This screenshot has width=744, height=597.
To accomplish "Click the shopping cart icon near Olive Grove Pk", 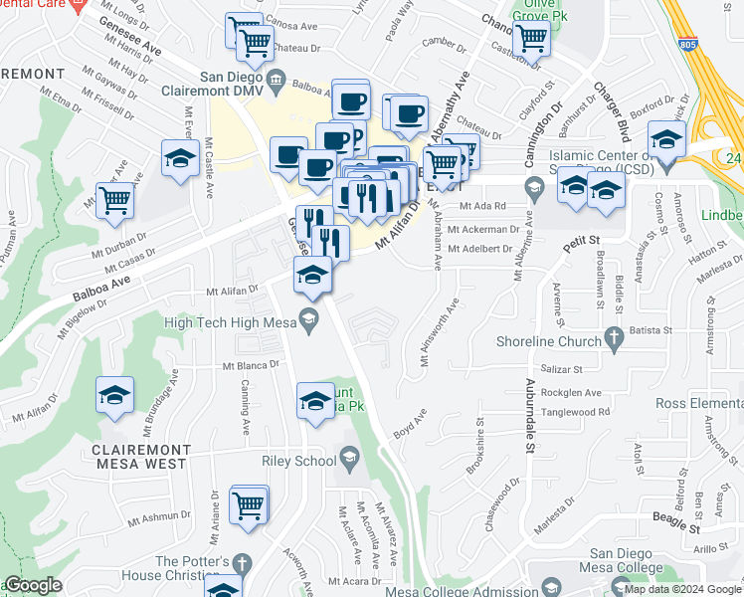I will pos(533,39).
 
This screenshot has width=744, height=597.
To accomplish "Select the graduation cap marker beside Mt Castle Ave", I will pos(180,158).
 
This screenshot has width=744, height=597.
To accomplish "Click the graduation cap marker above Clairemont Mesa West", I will pos(115,395).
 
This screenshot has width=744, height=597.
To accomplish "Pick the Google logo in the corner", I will pos(33,585).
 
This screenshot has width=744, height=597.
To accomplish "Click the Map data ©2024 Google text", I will pos(682,589).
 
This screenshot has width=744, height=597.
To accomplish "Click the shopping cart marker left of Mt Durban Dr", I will pos(115,200).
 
